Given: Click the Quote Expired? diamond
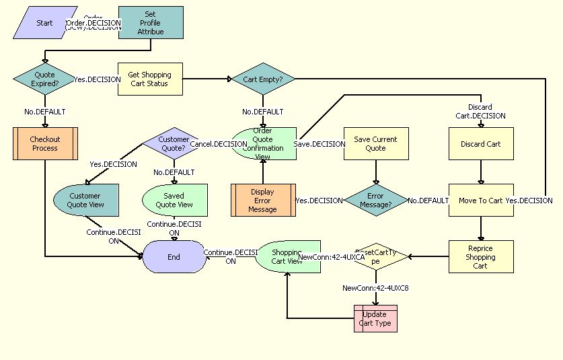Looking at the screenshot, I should tap(44, 79).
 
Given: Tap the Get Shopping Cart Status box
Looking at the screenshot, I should tap(150, 79).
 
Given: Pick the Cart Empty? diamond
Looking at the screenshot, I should tap(263, 79).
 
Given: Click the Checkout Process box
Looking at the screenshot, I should tap(44, 144).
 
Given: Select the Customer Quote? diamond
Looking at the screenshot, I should tap(174, 144).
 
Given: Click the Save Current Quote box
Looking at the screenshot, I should tap(375, 144).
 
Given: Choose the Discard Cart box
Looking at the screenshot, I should tap(480, 144).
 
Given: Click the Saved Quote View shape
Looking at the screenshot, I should tap(174, 201).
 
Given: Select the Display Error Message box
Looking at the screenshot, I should tap(263, 201).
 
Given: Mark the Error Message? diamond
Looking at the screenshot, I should tap(375, 201).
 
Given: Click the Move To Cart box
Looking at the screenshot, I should tap(480, 201).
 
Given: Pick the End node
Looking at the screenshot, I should tap(174, 256).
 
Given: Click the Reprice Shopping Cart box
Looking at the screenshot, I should tap(480, 256).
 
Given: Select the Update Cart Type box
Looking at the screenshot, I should tap(375, 318).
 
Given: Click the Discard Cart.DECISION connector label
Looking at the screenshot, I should tap(480, 111).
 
